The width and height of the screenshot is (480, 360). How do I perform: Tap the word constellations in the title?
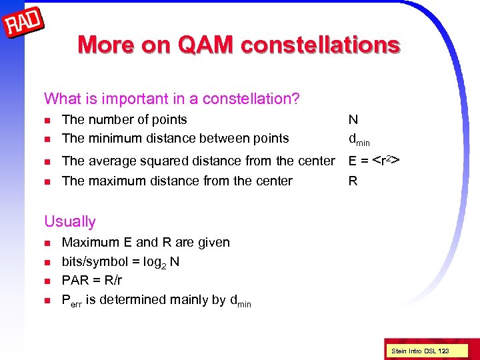tap(321, 45)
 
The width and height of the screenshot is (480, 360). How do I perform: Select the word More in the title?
tap(109, 45)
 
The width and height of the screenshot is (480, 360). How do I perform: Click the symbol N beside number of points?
tap(353, 120)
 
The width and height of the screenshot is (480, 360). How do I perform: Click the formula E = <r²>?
tap(374, 160)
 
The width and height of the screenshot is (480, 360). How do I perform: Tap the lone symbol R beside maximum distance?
tap(353, 181)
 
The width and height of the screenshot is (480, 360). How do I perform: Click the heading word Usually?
tap(70, 221)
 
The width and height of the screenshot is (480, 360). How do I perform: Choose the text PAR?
tap(75, 281)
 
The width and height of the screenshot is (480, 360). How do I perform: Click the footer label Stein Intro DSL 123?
tap(421, 350)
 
